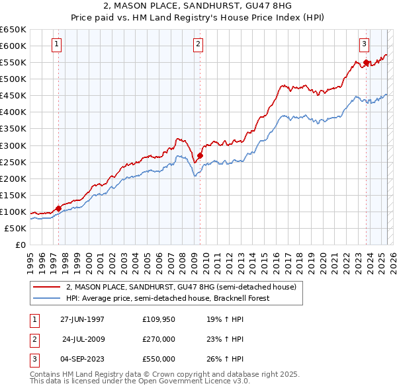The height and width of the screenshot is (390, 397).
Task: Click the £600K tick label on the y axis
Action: click(x=13, y=46)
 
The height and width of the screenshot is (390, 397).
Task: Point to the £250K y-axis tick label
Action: click(x=13, y=162)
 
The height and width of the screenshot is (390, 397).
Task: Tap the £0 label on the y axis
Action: click(x=20, y=245)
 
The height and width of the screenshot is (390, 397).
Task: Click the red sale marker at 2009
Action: click(x=200, y=155)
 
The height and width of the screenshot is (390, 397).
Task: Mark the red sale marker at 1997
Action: click(x=59, y=208)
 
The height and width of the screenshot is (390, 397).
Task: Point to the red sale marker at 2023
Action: click(x=366, y=62)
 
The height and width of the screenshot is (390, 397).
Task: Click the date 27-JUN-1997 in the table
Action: click(x=82, y=319)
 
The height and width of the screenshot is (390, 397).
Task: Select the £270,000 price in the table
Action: click(x=159, y=339)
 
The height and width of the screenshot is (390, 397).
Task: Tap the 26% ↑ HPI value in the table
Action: click(x=222, y=359)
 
